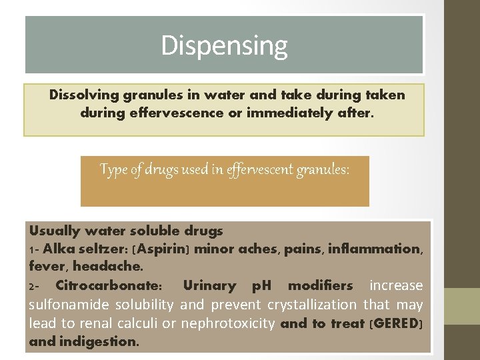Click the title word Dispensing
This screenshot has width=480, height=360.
pos(224,45)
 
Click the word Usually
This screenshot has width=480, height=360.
pos(53,231)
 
